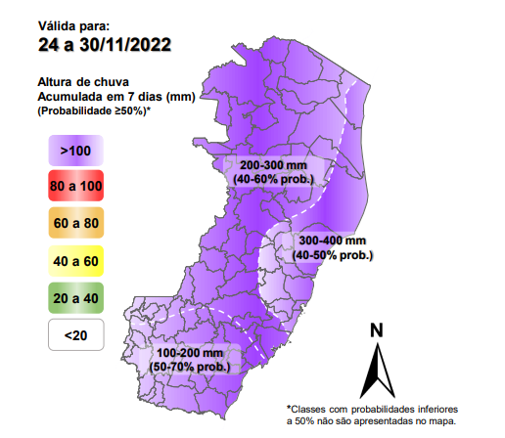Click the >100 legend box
click(x=74, y=151)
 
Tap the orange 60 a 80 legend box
click(x=74, y=224)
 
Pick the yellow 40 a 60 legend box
click(x=74, y=261)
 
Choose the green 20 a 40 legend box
click(x=74, y=298)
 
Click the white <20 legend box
click(x=74, y=335)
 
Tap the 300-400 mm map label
click(x=333, y=241)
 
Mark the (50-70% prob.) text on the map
click(x=191, y=366)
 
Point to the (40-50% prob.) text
click(x=333, y=254)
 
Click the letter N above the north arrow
click(x=376, y=329)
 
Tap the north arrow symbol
click(x=376, y=370)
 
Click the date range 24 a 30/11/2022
click(x=105, y=44)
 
